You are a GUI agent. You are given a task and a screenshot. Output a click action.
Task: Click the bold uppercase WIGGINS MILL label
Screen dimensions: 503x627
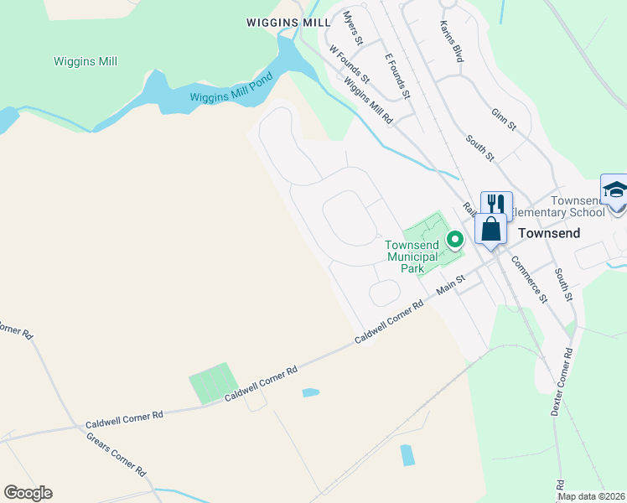click(x=288, y=23)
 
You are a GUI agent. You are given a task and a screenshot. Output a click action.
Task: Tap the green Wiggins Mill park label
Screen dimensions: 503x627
click(x=85, y=61)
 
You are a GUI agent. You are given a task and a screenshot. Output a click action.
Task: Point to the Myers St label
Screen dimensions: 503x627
click(x=353, y=29)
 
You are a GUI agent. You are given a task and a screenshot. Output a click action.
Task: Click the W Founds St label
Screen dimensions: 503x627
click(x=345, y=62)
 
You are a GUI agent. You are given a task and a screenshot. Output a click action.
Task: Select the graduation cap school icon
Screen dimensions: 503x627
click(x=614, y=190)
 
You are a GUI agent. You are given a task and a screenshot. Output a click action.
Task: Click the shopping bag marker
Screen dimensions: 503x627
click(x=490, y=230)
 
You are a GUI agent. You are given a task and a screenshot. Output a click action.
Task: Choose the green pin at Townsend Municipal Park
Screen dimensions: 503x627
click(x=455, y=240)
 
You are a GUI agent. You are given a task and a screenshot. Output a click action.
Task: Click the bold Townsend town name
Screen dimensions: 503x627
click(x=549, y=233)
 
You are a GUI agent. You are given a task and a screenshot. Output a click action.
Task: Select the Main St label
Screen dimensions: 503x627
click(x=450, y=288)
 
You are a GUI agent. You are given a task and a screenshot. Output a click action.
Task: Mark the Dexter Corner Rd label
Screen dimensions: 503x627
click(x=564, y=381)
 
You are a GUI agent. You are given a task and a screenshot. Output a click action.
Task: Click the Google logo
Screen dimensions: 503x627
click(x=28, y=493)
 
